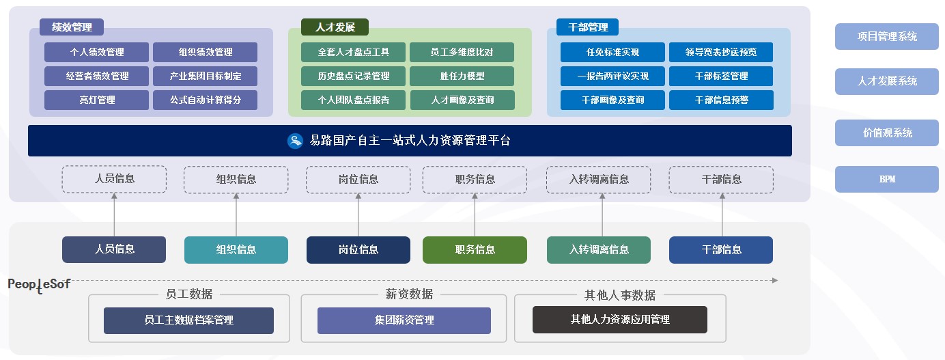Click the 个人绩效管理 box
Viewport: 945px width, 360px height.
tap(96, 52)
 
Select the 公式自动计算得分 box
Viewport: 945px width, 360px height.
tap(205, 100)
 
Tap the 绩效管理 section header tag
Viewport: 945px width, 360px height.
tap(72, 27)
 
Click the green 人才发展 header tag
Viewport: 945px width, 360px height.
tap(335, 27)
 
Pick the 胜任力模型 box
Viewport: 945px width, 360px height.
tap(462, 76)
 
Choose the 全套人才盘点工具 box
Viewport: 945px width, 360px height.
tap(353, 52)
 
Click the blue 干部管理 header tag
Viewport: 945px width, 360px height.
tap(587, 27)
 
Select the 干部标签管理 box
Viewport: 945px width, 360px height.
tap(721, 76)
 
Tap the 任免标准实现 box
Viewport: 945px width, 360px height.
tap(612, 52)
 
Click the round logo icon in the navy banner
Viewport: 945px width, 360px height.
tap(295, 141)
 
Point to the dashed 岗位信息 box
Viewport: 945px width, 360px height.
tap(358, 180)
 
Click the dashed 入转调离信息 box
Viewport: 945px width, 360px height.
tap(599, 180)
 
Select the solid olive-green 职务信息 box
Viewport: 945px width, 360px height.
tap(475, 250)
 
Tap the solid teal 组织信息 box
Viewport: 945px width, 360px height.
tap(236, 250)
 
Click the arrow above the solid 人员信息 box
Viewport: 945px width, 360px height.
tap(114, 214)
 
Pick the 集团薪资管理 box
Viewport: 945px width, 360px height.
tap(404, 320)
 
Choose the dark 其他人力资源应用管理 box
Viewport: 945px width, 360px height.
tap(619, 320)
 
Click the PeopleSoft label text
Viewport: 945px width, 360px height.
tap(39, 284)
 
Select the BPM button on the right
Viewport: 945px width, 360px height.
tap(886, 180)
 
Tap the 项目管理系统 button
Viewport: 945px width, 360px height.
tap(886, 37)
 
